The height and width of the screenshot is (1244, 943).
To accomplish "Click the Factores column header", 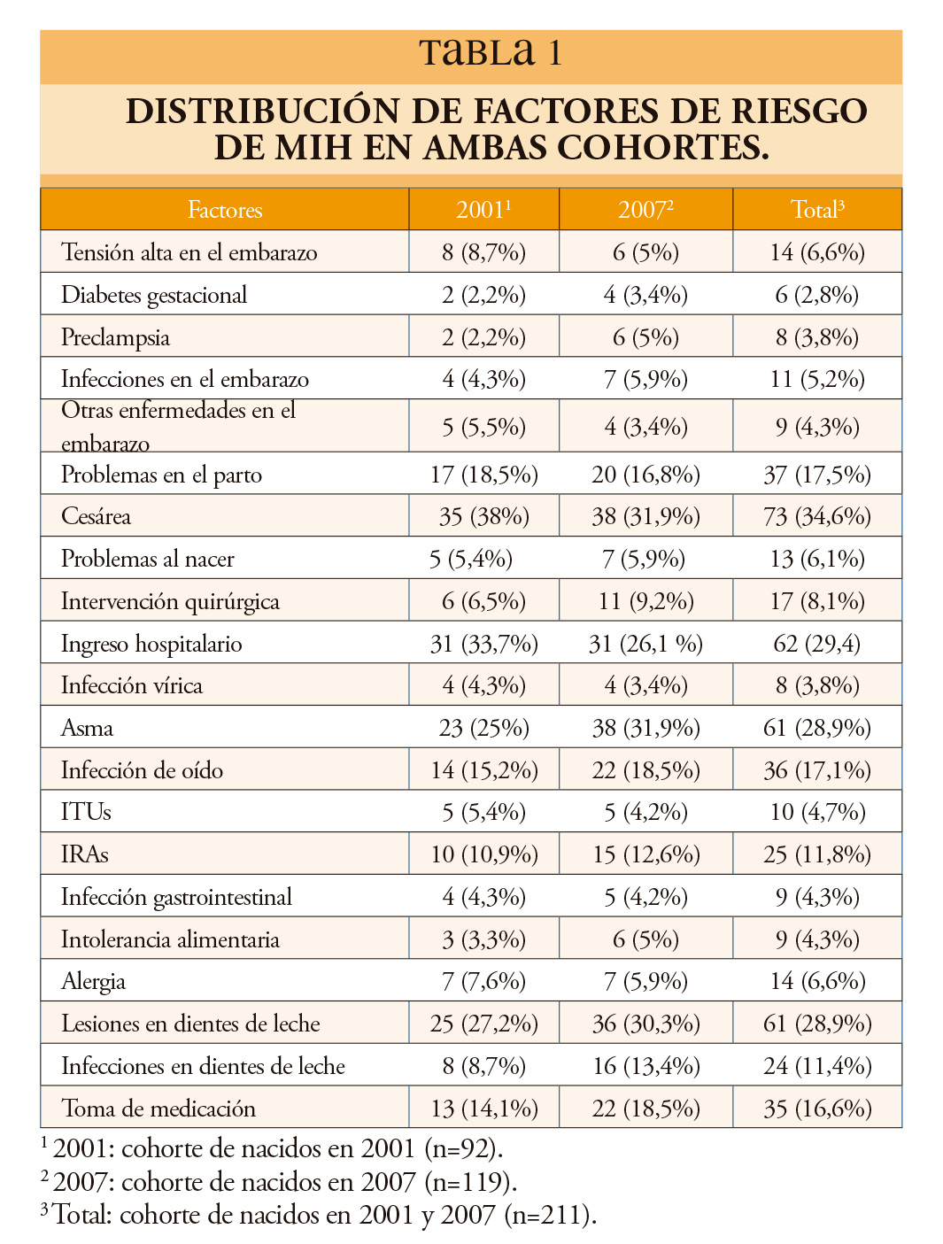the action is click(225, 210).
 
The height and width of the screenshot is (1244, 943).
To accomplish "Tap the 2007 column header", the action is click(645, 209).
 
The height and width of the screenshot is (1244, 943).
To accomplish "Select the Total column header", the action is click(817, 209).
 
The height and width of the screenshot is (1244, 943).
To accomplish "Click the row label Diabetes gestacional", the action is click(154, 295).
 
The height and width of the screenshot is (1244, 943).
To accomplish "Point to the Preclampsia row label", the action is click(116, 337).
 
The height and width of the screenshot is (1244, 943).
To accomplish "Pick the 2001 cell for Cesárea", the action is click(484, 516).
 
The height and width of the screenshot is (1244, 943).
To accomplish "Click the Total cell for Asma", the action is click(817, 728).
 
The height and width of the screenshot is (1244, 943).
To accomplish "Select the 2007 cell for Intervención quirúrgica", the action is click(646, 600).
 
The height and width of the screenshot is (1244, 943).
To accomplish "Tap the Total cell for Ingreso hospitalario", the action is click(817, 644).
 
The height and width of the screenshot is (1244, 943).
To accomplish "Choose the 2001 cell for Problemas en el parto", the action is click(484, 475).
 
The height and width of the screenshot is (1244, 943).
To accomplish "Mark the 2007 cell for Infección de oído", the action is click(646, 770).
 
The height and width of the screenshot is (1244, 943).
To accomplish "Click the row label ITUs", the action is click(86, 812).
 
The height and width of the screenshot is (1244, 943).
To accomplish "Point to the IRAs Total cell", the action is click(817, 854).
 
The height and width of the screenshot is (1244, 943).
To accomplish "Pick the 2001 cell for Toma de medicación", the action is click(484, 1109).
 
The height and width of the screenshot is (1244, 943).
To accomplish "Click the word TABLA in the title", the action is click(477, 53).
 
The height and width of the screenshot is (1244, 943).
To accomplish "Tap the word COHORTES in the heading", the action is click(663, 147).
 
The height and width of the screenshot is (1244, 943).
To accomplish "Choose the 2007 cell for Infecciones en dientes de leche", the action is click(646, 1066).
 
